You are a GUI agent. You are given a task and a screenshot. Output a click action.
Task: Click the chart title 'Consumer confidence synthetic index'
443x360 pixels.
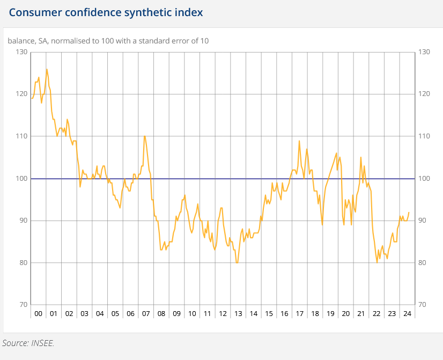pos(106,12)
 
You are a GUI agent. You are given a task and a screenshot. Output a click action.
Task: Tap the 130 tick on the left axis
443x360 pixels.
pos(21,52)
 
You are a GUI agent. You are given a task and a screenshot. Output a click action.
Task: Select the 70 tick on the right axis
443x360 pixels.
pos(424,305)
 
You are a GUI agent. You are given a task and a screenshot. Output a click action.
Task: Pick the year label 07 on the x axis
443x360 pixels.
pos(146,313)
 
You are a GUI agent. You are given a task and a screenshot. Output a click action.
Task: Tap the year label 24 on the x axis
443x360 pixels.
pos(407,313)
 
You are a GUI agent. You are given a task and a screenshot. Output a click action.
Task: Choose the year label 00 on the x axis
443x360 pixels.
pos(38,313)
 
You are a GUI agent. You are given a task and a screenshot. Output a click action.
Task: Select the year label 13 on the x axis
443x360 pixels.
pos(239,313)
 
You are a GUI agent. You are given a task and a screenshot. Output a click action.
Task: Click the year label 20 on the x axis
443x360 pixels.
pos(345,313)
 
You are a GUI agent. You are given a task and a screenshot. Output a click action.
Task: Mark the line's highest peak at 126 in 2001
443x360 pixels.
pos(47,69)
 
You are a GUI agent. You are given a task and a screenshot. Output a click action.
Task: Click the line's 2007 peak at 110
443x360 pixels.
pos(144,136)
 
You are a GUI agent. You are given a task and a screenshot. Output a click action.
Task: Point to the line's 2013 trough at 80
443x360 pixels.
pos(237,262)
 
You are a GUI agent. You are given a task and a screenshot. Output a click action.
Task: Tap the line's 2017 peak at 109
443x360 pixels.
pos(299,141)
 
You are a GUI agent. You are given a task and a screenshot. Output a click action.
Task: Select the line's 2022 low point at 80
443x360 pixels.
pos(377,262)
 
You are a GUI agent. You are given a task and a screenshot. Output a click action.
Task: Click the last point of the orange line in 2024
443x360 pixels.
pos(409,212)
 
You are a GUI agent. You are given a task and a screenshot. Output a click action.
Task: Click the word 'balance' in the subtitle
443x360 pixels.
pos(20,41)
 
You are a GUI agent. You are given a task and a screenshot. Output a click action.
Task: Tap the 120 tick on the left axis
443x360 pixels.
pos(21,94)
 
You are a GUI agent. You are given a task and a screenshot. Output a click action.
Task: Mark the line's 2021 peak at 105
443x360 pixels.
pos(361,157)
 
